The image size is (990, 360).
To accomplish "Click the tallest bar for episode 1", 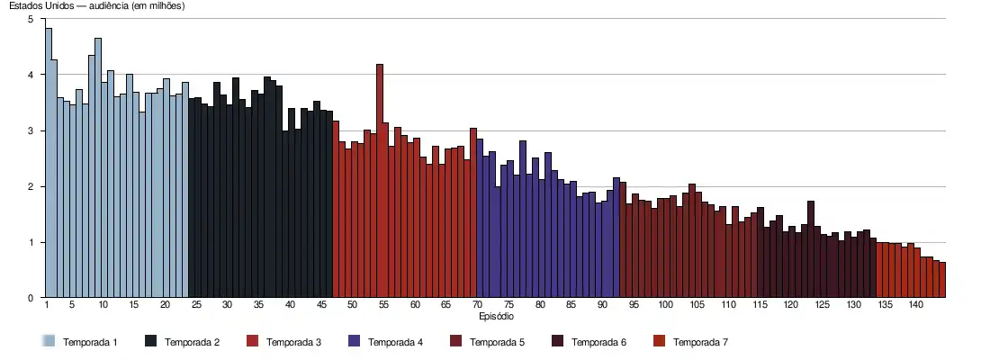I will click(49, 162).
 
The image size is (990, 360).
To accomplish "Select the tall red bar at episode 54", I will click(380, 180).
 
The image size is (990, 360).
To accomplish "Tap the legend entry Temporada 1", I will click(90, 342).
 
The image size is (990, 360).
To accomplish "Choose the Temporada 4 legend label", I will click(395, 342).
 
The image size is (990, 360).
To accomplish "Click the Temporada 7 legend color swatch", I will click(658, 342).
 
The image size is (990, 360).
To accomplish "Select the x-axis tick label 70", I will click(478, 306).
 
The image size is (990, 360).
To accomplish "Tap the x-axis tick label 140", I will click(915, 306).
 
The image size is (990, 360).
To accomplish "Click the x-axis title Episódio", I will click(496, 317).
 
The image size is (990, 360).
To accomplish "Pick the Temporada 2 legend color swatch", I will click(149, 342).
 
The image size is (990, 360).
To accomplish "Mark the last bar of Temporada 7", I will click(942, 280).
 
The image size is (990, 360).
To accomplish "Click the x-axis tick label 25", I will click(196, 306).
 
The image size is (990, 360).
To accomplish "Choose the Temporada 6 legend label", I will click(598, 342).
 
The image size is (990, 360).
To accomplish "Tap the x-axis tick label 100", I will click(665, 306).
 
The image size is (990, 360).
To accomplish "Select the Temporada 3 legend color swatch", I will click(251, 342).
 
